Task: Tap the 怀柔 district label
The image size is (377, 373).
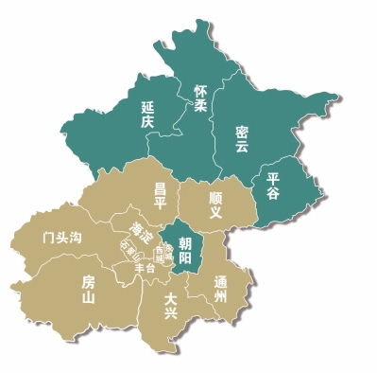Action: click(199, 99)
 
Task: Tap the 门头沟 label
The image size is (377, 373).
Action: click(62, 236)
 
